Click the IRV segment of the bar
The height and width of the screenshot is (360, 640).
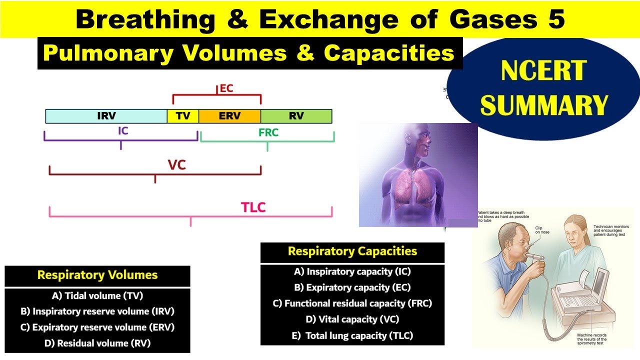click(106, 116)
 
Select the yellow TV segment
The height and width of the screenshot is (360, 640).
click(183, 116)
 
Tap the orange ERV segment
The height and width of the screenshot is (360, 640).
click(229, 116)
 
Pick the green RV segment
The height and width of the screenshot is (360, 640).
click(296, 116)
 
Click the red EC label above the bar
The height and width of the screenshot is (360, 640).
click(226, 89)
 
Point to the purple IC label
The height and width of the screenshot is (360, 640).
click(123, 131)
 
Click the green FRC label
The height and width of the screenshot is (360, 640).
click(268, 133)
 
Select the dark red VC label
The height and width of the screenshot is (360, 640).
click(176, 164)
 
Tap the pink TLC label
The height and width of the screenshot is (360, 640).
click(253, 207)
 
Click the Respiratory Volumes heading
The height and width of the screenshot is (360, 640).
click(97, 275)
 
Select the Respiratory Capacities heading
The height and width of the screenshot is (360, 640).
click(352, 251)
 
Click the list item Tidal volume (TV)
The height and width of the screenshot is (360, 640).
click(97, 295)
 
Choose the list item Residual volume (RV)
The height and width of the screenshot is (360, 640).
click(97, 343)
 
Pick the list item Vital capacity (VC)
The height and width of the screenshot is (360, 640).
click(352, 319)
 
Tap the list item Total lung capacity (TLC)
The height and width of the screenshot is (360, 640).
click(352, 335)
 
